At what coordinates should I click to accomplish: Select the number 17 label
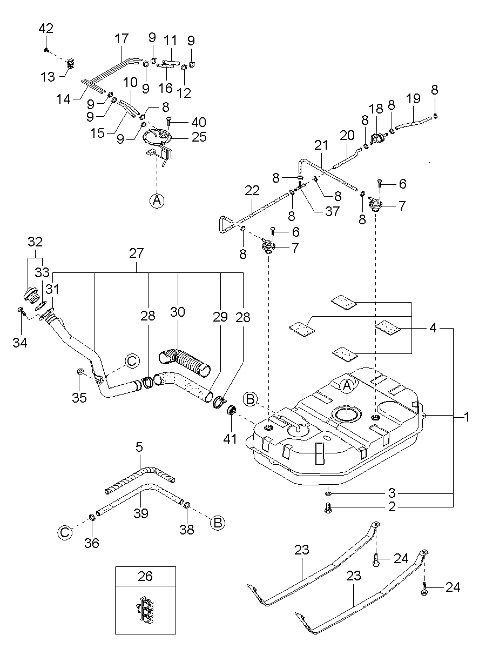122,39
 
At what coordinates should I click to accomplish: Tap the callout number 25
199,137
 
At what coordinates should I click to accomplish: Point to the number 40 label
198,122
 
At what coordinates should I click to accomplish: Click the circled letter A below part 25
157,200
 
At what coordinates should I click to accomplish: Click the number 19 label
413,99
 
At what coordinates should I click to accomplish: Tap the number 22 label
252,191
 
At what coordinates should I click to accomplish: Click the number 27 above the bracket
137,253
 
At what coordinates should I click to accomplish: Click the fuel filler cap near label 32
30,296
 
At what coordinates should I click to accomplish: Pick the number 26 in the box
145,576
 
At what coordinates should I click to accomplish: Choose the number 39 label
141,513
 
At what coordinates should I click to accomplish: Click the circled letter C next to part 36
64,532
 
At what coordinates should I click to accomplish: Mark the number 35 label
79,398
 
